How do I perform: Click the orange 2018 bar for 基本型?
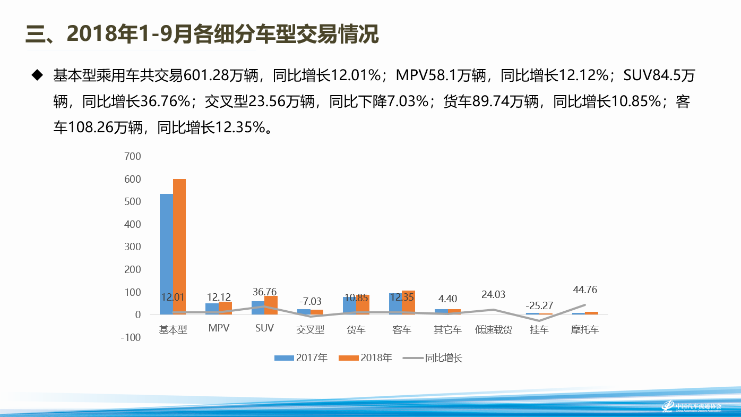[179, 246]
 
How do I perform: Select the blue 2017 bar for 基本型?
[166, 254]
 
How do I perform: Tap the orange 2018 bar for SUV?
[271, 305]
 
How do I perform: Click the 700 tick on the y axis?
[133, 156]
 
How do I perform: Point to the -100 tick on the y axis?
[131, 337]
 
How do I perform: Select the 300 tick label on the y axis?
[133, 247]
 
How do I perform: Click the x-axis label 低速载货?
[494, 329]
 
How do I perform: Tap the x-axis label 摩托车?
[585, 329]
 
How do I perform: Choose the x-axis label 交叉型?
[310, 329]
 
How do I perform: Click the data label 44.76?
[585, 290]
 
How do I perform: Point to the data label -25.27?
[539, 305]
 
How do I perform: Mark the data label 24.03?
[494, 295]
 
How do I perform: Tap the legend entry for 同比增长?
[433, 358]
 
